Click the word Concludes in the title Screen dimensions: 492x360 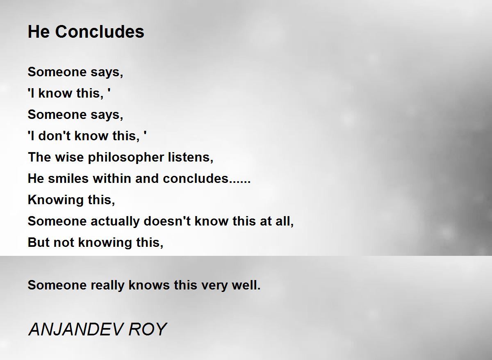[100, 32]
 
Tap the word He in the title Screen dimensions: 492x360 [39, 32]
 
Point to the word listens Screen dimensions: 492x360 [191, 157]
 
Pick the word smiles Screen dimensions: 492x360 [68, 178]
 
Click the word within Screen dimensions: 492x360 [112, 178]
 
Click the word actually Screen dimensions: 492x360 [115, 221]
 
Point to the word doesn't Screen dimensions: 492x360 [167, 221]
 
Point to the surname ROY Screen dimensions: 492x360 [148, 330]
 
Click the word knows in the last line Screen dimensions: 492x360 [149, 285]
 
